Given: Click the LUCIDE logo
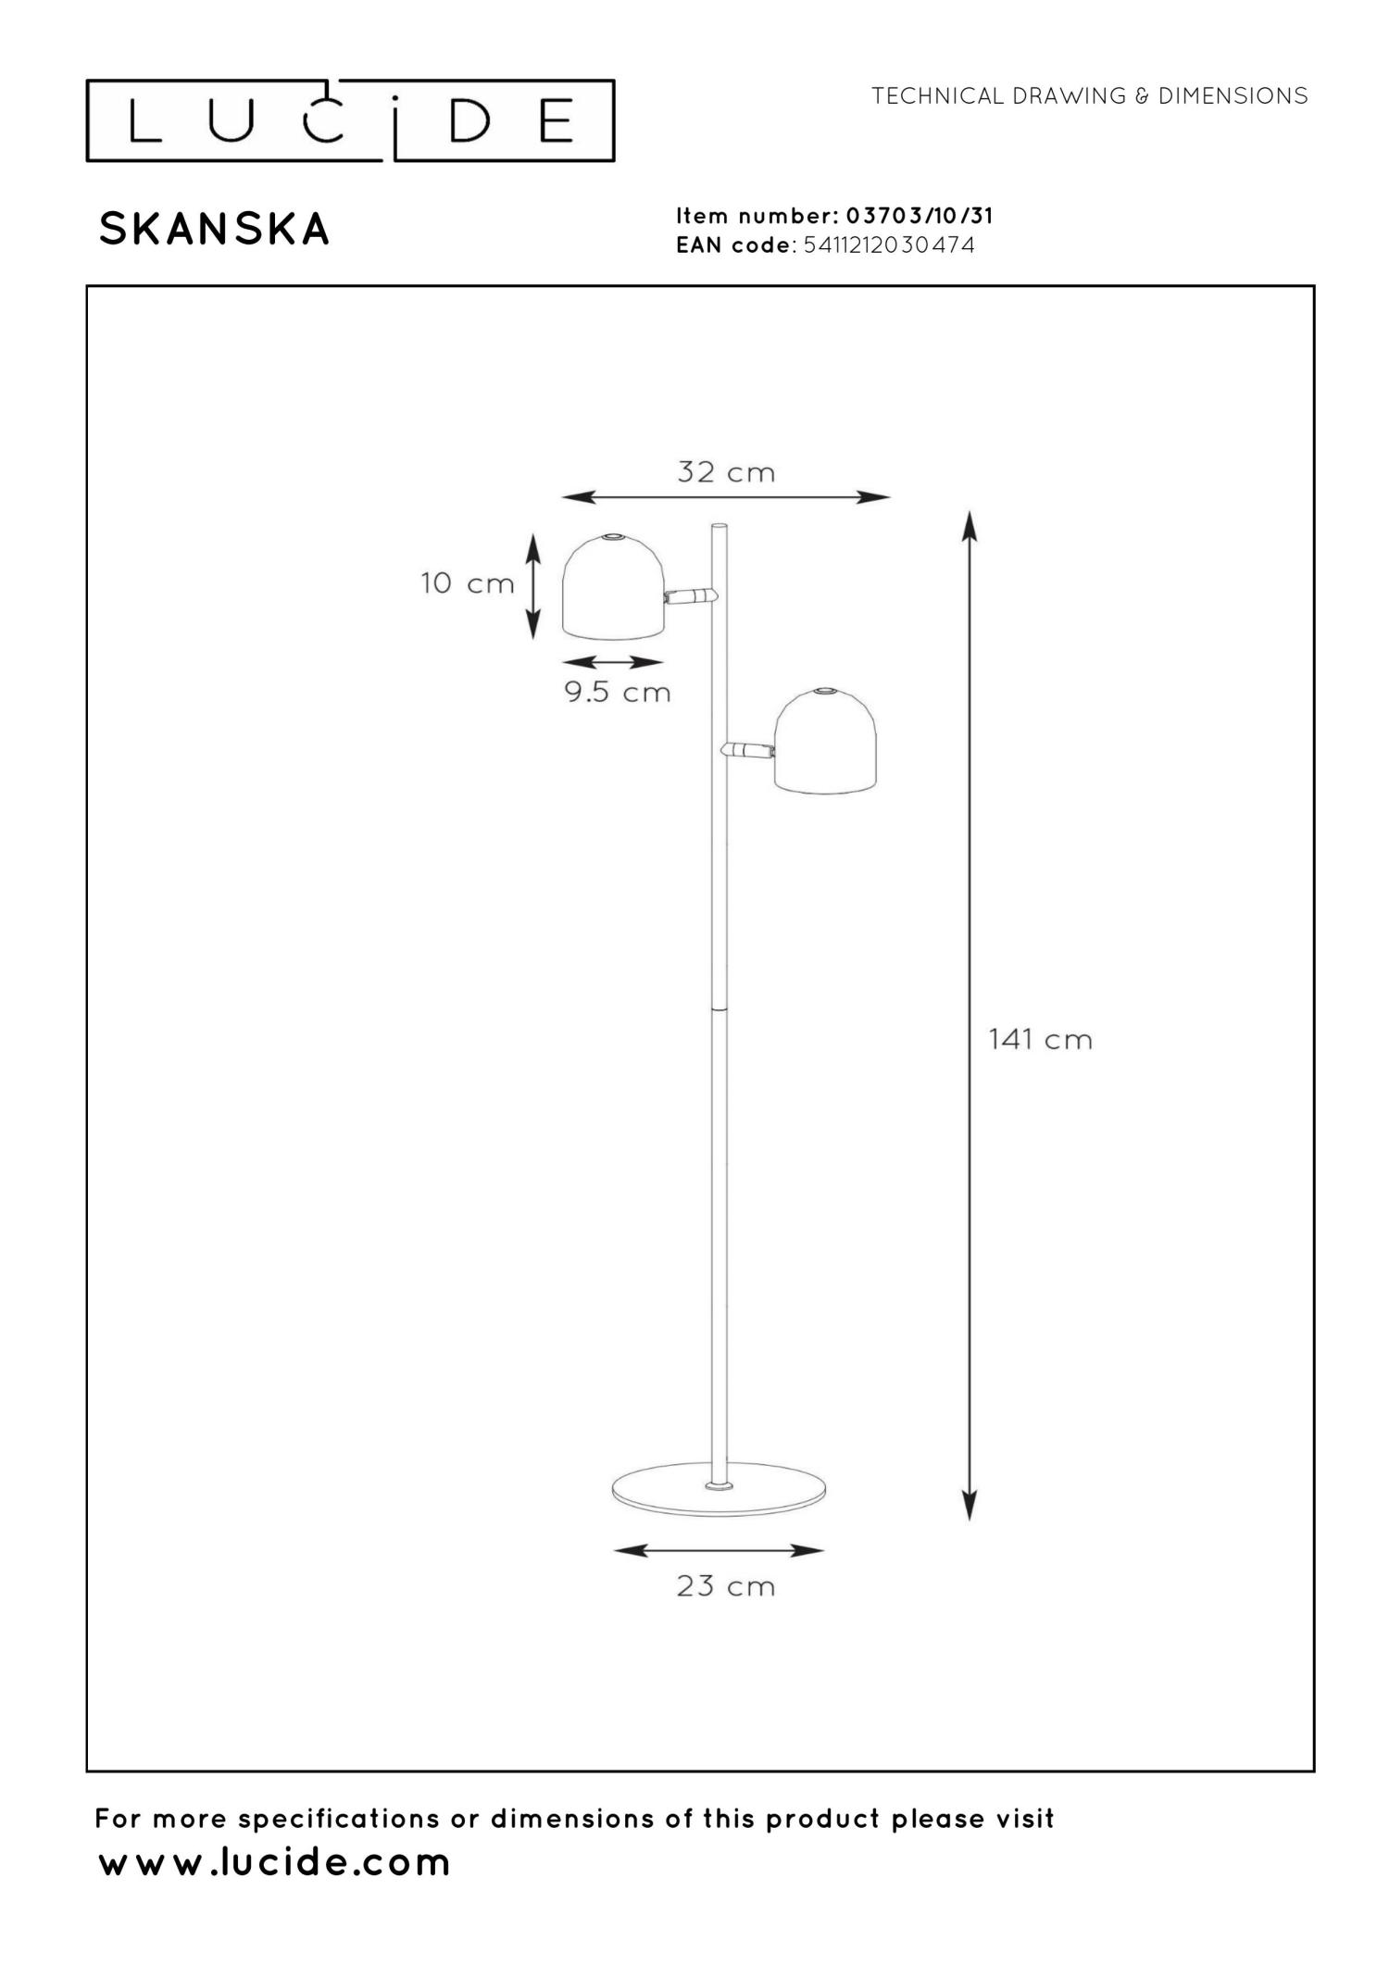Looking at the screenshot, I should pos(350,121).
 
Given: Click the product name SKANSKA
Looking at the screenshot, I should pos(215,230).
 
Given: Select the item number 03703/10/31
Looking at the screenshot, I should pos(919,217).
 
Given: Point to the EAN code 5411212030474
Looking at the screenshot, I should pos(889,245).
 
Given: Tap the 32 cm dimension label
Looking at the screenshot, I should pos(725,472).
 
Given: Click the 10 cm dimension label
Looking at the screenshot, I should pos(467,583).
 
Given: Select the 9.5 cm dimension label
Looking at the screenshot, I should pos(618,692).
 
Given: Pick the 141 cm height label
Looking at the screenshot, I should pos(1040,1039).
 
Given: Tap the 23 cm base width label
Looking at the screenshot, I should pos(725,1586).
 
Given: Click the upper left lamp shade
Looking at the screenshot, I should pos(612,587).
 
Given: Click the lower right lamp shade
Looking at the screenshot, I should pos(825,742).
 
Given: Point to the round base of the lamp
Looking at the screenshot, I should pos(720,1490).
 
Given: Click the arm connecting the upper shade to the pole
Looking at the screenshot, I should pos(690,595).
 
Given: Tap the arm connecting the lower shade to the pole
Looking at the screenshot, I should pos(747,749).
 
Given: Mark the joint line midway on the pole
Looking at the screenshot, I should pos(720,1008).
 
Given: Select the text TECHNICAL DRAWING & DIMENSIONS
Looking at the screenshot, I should pos(1089,96).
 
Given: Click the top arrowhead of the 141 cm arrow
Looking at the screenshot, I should pos(969,524).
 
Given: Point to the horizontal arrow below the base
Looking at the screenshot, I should pos(719,1550).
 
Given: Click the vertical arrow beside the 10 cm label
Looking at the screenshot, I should pos(532,586).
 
